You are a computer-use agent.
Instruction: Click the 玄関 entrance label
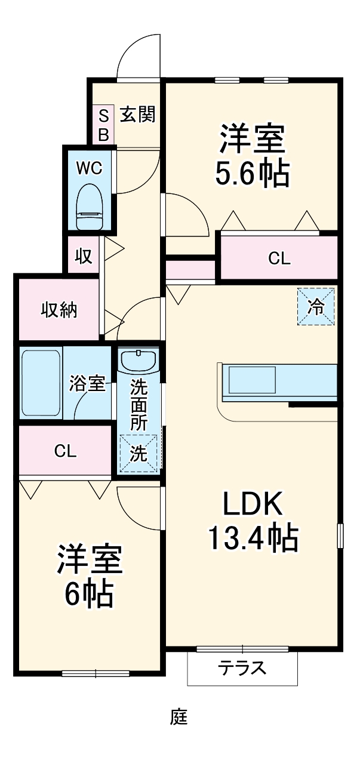pos(138,114)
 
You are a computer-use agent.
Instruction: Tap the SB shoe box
pos(103,125)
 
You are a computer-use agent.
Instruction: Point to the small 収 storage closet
pos(83,256)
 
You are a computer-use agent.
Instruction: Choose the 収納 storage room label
pos(59,310)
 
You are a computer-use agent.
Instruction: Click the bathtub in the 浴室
pos(41,383)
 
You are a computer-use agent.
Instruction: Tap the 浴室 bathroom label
pos(87,383)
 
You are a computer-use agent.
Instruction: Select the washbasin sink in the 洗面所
pos(138,361)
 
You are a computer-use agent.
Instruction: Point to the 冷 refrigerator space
pos(316,307)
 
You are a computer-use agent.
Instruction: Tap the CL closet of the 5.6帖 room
pos(279,259)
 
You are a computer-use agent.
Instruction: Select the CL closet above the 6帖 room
pos(65,451)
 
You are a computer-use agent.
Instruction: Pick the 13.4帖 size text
pos(253,537)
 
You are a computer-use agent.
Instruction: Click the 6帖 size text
pos(90,593)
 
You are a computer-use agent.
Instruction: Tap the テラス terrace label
pos(242,667)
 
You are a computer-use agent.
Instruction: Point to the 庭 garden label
pos(179,716)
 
